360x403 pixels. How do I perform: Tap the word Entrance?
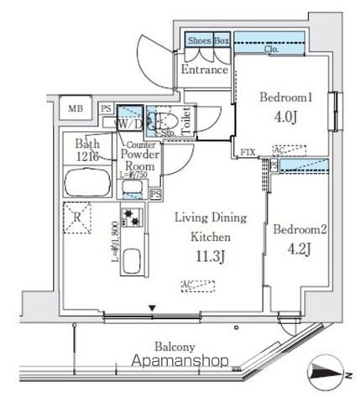coord(205,70)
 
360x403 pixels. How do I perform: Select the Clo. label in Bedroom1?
coord(272,50)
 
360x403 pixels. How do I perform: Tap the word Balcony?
coord(175,346)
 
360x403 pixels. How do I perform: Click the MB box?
coord(76,108)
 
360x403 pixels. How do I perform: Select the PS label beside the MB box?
coord(106,108)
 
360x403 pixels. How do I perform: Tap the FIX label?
coord(248,153)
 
